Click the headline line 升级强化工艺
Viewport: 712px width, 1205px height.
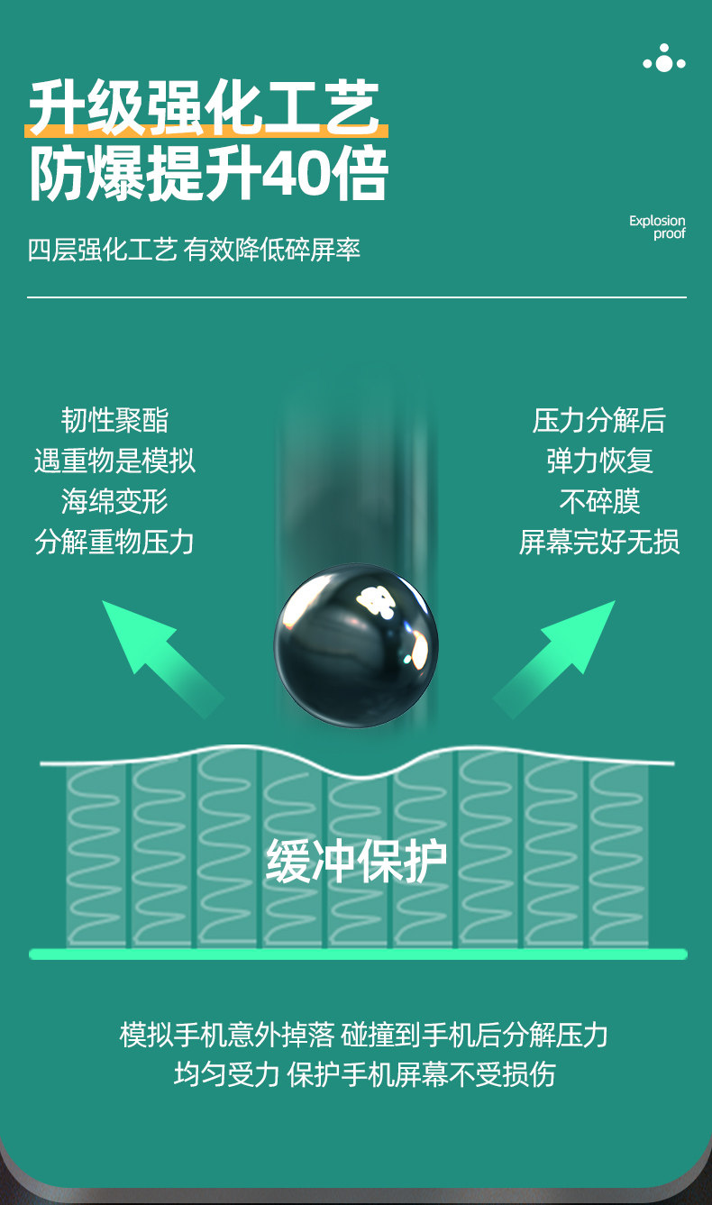pos(204,105)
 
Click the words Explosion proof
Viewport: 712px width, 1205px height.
pos(657,227)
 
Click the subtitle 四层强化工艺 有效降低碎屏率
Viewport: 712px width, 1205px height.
pos(194,250)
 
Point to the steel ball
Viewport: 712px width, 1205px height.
pos(356,644)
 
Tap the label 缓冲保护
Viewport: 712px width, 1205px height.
pos(356,862)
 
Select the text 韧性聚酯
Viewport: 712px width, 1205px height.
pos(114,420)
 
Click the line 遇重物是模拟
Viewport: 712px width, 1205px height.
pos(114,461)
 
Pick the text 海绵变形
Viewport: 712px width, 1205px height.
pos(114,501)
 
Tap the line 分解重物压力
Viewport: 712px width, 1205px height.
pos(114,542)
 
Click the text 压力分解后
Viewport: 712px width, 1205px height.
pos(599,420)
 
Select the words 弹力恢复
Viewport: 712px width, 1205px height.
pos(599,461)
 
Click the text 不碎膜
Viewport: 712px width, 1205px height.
pos(599,501)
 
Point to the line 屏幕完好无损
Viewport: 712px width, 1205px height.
pos(599,542)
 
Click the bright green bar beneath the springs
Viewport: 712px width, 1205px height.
pos(358,954)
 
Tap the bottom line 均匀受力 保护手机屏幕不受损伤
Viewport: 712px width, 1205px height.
pos(364,1074)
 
